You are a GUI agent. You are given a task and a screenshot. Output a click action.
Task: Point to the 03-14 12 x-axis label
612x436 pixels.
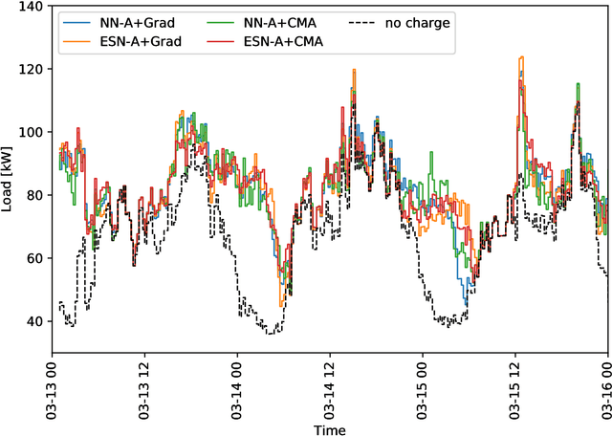pos(331,387)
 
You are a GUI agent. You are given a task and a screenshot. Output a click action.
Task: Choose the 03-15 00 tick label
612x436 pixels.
pos(424,387)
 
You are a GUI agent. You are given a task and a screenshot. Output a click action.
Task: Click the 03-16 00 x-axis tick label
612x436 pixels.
pos(605,387)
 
